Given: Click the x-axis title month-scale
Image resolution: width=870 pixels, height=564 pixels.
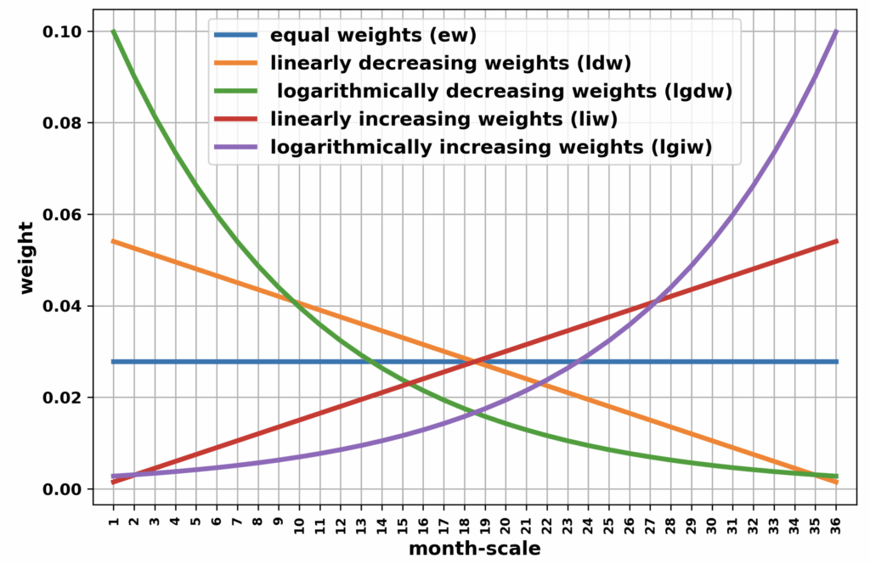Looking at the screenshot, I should [x=474, y=549].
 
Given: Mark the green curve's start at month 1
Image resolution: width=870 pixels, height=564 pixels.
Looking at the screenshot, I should [x=113, y=31].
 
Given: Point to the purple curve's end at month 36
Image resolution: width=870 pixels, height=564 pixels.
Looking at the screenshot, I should [x=838, y=31].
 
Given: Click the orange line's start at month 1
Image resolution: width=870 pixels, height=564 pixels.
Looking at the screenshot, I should [x=113, y=241].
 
